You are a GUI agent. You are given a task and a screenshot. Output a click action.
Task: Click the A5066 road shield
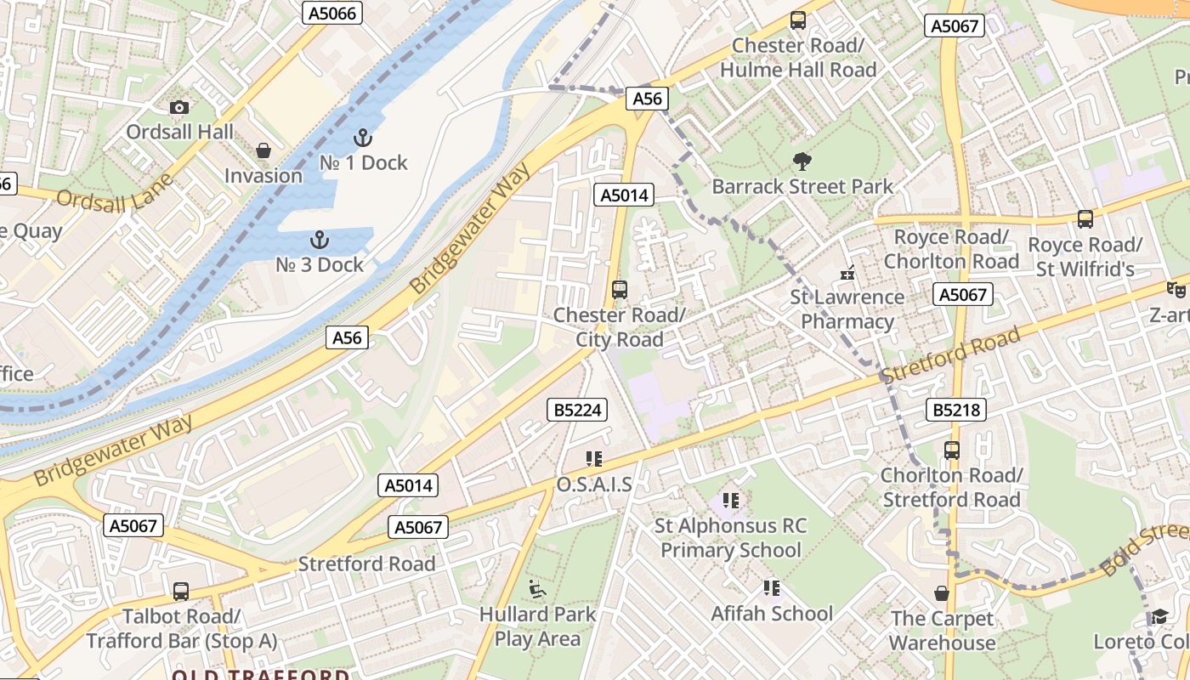(332, 13)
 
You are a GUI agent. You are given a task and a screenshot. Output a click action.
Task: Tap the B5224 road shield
(577, 411)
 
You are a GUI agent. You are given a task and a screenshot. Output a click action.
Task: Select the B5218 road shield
(956, 411)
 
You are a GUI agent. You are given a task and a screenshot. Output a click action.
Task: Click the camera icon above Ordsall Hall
(178, 107)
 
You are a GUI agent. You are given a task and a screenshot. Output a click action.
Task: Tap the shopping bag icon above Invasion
(263, 150)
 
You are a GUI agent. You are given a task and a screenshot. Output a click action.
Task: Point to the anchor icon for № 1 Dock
(363, 137)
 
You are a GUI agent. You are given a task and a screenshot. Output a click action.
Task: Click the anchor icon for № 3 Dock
(320, 240)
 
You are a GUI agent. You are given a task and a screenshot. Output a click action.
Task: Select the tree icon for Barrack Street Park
(802, 161)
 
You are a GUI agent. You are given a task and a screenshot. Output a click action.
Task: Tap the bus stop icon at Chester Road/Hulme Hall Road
(797, 20)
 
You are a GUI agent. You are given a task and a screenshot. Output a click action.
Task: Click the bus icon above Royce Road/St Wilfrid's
(1085, 219)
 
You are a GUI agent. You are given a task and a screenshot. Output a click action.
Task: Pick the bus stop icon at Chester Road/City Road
(619, 290)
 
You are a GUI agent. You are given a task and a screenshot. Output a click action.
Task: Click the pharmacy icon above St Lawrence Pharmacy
(847, 273)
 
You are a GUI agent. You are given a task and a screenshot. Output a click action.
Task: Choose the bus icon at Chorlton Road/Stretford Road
(951, 450)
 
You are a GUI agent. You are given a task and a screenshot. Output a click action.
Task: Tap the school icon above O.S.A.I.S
(593, 459)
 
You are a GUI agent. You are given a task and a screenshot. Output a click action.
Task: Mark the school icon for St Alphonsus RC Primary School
(730, 501)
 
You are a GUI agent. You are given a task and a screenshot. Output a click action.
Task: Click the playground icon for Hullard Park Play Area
(536, 588)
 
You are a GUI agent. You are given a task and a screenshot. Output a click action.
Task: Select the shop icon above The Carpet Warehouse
(941, 593)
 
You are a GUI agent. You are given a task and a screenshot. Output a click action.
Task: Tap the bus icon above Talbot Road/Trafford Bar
(180, 592)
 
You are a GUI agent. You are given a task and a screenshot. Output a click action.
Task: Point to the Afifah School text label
(772, 614)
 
